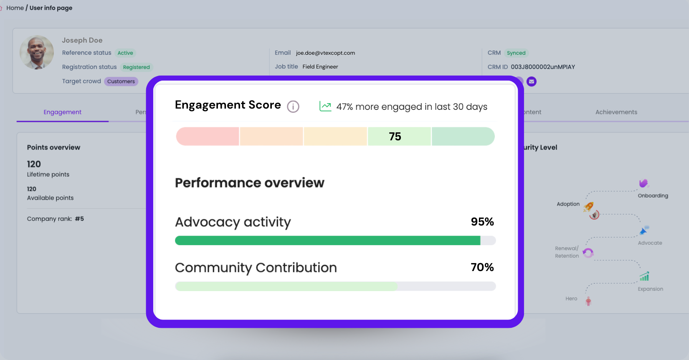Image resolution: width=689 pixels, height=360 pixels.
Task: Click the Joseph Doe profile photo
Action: coord(37,52)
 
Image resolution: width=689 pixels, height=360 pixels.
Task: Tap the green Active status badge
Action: coord(125,53)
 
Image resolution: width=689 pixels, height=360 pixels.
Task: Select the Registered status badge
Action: coord(136,67)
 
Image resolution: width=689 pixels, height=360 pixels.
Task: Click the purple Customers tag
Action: coord(121,81)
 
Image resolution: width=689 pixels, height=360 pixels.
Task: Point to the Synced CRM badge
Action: coord(516,53)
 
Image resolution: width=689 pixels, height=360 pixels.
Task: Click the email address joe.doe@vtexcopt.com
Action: coord(325,53)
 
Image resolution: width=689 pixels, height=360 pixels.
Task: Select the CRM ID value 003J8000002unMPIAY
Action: coord(543,67)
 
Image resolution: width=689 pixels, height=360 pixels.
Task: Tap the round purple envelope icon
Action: coord(531,81)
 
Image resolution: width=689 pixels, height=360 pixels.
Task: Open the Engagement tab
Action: coord(63,112)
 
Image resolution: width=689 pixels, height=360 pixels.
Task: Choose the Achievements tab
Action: coord(616,112)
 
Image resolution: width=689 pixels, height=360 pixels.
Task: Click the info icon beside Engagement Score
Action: coord(293,107)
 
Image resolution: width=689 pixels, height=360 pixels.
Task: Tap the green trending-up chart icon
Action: coord(325,106)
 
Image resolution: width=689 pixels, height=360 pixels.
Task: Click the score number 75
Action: coord(395,137)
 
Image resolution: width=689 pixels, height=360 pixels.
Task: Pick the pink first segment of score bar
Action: coord(208,137)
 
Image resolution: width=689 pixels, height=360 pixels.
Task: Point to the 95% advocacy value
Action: coord(482,222)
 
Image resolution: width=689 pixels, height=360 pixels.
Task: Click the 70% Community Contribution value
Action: coord(482,267)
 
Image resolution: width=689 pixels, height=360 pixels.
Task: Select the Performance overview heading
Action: coord(249,183)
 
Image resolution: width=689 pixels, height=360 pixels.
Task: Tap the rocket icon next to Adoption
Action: coord(589,206)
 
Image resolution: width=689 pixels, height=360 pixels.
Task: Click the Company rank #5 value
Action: coord(79,219)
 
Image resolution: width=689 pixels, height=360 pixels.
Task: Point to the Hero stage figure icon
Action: coord(588,301)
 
